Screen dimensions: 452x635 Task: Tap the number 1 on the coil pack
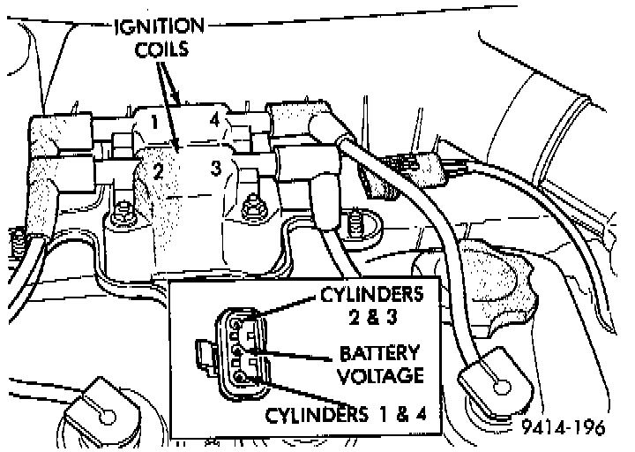(154, 122)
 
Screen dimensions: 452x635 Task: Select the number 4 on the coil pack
(213, 118)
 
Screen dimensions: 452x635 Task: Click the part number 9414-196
(563, 430)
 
